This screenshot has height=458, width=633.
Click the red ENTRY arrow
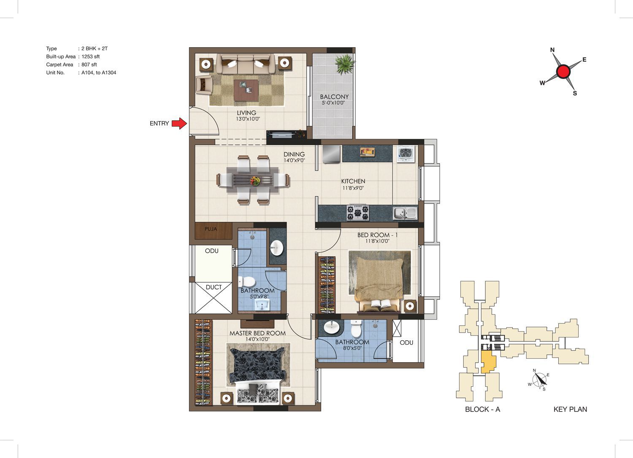pyautogui.click(x=179, y=124)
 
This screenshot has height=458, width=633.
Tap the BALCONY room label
pyautogui.click(x=334, y=97)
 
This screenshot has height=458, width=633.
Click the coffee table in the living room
pyautogui.click(x=246, y=90)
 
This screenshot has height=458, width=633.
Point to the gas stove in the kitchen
pyautogui.click(x=358, y=213)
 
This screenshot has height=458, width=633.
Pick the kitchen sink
pyautogui.click(x=405, y=214)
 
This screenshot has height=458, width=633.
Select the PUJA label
pyautogui.click(x=211, y=229)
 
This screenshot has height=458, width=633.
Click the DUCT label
pyautogui.click(x=214, y=287)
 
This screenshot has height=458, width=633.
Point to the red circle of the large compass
pyautogui.click(x=563, y=71)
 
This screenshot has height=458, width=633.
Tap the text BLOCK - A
pyautogui.click(x=483, y=409)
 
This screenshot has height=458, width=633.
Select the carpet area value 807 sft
pyautogui.click(x=89, y=65)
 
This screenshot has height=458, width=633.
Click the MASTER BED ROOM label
pyautogui.click(x=257, y=333)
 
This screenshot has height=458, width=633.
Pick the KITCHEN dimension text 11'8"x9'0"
pyautogui.click(x=353, y=188)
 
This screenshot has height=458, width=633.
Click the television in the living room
pyautogui.click(x=286, y=134)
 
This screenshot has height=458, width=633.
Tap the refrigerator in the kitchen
pyautogui.click(x=331, y=154)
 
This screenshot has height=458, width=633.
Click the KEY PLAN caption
pyautogui.click(x=570, y=409)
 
